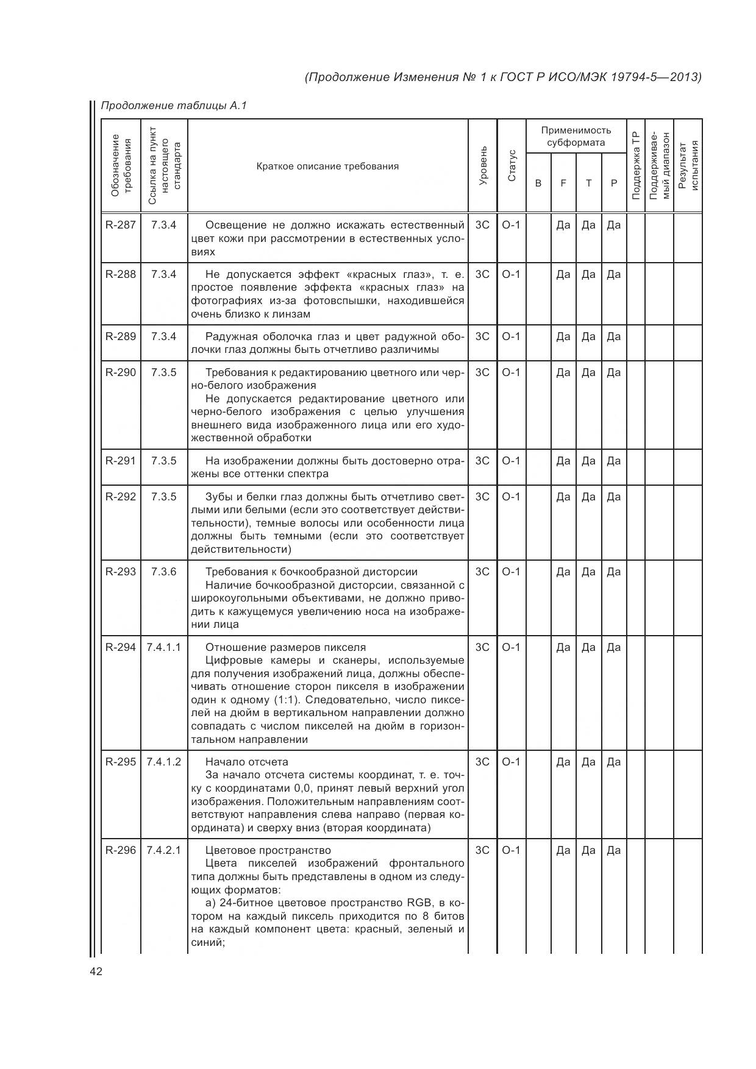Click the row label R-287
[x=120, y=225]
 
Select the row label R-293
[x=120, y=572]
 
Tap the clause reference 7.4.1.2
[x=163, y=762]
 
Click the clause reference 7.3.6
[x=163, y=572]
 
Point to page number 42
[x=96, y=971]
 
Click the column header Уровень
[x=483, y=166]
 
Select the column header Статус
[x=512, y=166]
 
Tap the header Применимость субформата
[x=576, y=137]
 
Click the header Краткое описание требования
[x=327, y=166]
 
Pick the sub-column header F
[x=563, y=183]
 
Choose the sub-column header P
[x=614, y=183]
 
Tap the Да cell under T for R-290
[x=588, y=372]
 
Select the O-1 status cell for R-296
[x=511, y=850]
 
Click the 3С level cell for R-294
[x=482, y=647]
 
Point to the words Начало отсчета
[x=246, y=762]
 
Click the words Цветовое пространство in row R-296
[x=268, y=850]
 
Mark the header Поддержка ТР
[x=635, y=166]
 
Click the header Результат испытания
[x=688, y=166]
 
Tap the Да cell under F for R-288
[x=563, y=274]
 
